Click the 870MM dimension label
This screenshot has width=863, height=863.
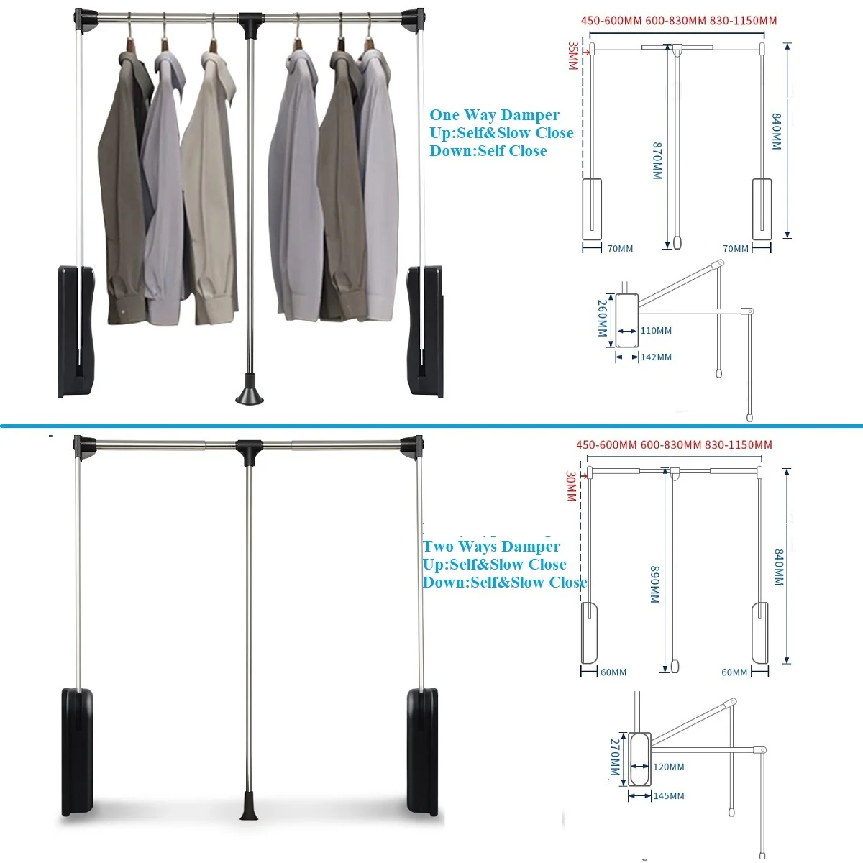[657, 160]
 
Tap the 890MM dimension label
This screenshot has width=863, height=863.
[655, 584]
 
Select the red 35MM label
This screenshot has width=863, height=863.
[572, 55]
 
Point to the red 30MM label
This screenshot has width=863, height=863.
[570, 487]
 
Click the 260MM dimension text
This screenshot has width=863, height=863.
[603, 319]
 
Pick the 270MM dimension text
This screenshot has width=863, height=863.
[615, 757]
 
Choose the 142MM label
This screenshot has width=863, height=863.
[656, 357]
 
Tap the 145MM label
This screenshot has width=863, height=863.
[669, 795]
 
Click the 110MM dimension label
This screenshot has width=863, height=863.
[656, 331]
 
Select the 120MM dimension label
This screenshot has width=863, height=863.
[669, 767]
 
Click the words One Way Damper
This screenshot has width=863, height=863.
[494, 115]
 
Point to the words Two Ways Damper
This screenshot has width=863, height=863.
[491, 547]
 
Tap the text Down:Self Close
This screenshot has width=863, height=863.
[488, 151]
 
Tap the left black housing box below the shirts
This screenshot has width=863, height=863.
[75, 331]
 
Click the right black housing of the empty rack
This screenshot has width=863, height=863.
[423, 752]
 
